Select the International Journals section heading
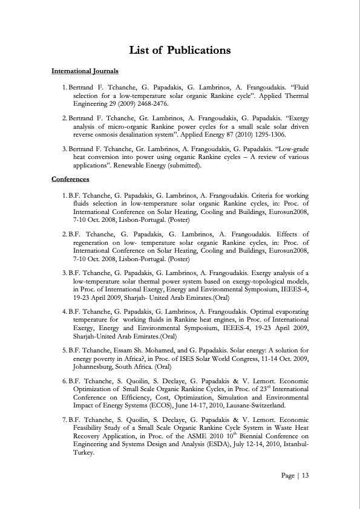click(85, 72)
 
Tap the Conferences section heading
click(70, 179)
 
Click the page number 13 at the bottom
click(305, 476)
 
